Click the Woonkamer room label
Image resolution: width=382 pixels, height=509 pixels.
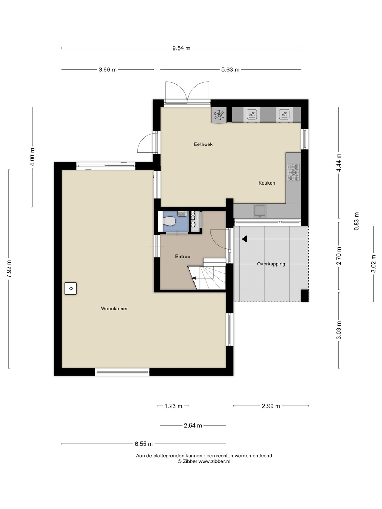[x=114, y=309]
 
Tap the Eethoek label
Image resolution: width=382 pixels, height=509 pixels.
[x=203, y=144]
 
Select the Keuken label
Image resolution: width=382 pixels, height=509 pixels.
[x=267, y=183]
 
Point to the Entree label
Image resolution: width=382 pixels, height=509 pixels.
[x=183, y=257]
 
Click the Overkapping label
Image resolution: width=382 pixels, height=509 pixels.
[x=271, y=264]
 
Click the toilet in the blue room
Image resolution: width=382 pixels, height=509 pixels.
[x=169, y=221]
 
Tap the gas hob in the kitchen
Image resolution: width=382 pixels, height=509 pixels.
[x=294, y=172]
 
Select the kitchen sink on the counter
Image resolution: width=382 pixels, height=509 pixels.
[x=260, y=211]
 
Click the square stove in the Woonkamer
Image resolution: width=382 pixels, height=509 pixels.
[x=71, y=288]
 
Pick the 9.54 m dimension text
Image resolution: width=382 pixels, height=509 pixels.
[x=181, y=48]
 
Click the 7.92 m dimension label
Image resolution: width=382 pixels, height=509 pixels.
[x=9, y=269]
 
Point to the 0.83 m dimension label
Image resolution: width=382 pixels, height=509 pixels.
[x=357, y=222]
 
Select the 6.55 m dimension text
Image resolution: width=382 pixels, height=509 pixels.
[x=144, y=444]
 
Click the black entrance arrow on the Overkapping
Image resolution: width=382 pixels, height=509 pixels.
[x=244, y=239]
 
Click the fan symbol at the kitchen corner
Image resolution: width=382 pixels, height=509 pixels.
[x=219, y=115]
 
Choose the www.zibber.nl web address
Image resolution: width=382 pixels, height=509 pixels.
[x=215, y=461]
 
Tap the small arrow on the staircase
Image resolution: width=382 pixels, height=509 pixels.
[x=194, y=278]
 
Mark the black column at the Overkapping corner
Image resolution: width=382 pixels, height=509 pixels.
[x=305, y=296]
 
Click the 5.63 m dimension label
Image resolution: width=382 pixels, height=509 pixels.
[x=230, y=70]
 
